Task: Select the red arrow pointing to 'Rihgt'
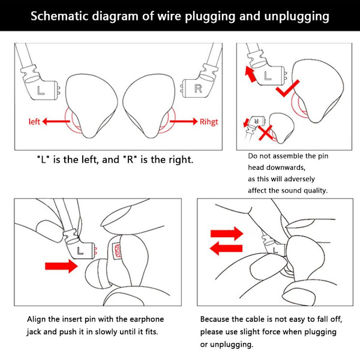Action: [183, 121]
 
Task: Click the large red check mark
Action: [293, 88]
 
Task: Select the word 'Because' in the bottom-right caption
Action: [215, 319]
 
